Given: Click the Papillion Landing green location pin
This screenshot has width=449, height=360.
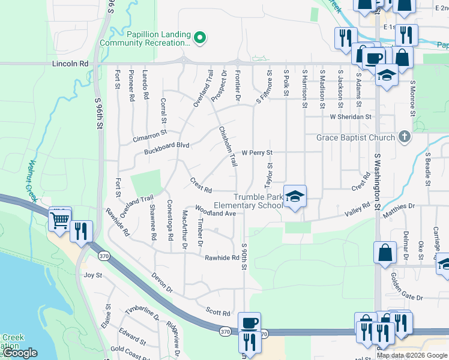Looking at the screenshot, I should (x=200, y=39).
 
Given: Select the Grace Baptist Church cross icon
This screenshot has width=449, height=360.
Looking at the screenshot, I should (x=405, y=137).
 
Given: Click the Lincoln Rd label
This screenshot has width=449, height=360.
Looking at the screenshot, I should (x=70, y=63).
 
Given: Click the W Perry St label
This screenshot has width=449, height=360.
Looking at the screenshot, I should (x=258, y=153).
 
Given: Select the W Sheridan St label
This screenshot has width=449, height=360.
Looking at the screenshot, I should (x=351, y=117).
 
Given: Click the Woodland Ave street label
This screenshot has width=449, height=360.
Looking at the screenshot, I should (x=215, y=213).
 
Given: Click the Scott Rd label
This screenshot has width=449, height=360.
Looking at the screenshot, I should (x=218, y=313).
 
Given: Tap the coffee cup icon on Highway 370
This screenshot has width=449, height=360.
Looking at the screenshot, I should (x=250, y=323).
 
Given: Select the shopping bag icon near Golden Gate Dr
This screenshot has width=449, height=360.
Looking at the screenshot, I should (x=385, y=253).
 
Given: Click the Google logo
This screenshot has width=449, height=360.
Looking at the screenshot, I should (x=20, y=353).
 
